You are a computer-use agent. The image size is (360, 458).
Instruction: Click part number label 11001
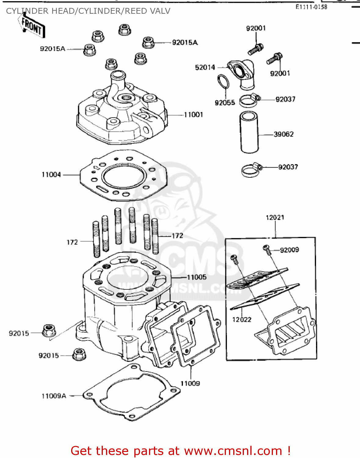coord(193,115)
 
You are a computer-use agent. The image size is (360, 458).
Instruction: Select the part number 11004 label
coord(51,175)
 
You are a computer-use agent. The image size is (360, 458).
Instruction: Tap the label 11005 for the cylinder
coord(197,277)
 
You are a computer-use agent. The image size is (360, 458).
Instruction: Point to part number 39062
coord(283,134)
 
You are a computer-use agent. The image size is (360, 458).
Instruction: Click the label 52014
coord(205,67)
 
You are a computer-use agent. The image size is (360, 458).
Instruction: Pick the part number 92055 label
coord(225,103)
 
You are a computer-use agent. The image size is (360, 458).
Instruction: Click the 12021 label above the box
coord(275,217)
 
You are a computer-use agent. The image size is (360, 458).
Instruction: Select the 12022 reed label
coord(242,320)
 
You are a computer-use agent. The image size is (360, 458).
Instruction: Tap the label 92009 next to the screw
coord(289,250)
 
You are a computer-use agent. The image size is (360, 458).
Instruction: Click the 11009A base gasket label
coord(54,396)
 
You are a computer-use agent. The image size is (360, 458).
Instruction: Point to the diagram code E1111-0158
coord(311,7)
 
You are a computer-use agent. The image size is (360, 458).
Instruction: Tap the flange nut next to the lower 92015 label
coord(79,354)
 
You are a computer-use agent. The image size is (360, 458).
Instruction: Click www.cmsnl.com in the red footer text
coord(233,451)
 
